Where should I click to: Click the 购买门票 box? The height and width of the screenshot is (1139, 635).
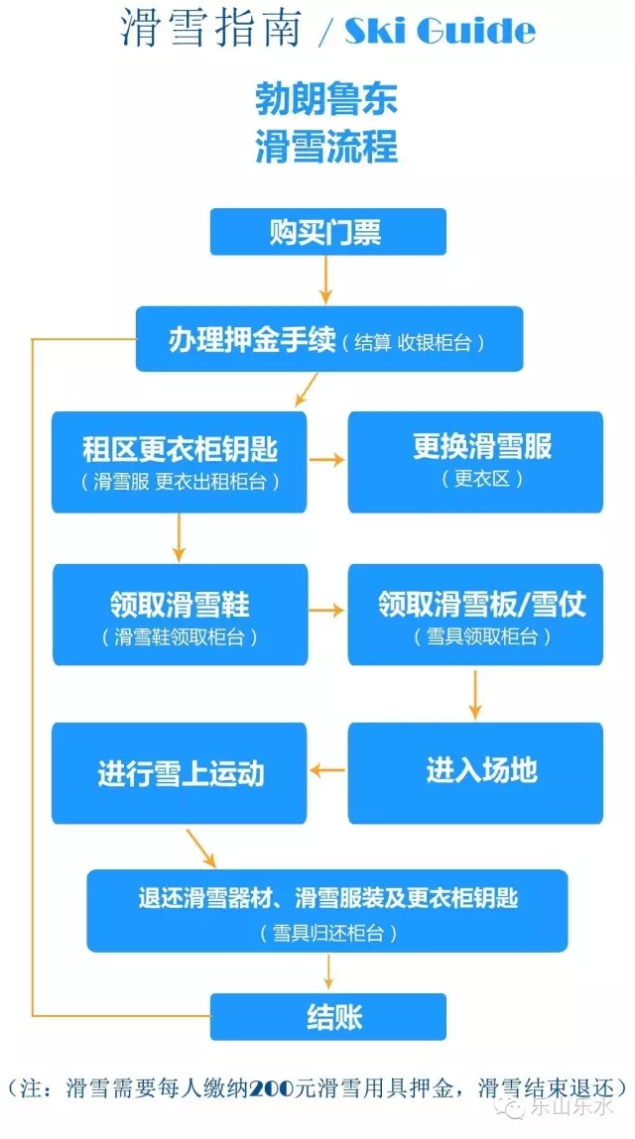tap(327, 232)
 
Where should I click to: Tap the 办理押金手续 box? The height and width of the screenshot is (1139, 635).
tap(329, 339)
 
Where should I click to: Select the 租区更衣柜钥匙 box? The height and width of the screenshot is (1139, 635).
tap(179, 462)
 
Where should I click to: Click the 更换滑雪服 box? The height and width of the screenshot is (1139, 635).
tap(474, 462)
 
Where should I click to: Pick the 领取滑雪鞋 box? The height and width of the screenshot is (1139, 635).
tap(179, 615)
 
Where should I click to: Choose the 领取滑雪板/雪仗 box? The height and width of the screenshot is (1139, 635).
tap(474, 615)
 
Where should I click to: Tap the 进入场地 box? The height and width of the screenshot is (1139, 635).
tap(474, 772)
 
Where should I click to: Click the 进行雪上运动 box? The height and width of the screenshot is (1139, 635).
tap(179, 772)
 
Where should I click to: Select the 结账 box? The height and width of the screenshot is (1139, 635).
tap(327, 1016)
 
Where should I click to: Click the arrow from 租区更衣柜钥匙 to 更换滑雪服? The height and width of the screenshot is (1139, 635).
tap(326, 459)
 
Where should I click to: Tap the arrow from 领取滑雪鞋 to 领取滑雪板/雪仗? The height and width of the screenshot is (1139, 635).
tap(326, 611)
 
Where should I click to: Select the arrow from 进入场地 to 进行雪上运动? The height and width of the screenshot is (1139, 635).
tap(327, 769)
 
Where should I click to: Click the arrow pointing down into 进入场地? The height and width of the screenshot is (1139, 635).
tap(475, 694)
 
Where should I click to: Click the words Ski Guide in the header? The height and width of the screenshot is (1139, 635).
tap(440, 32)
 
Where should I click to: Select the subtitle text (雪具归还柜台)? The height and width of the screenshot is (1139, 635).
tap(327, 932)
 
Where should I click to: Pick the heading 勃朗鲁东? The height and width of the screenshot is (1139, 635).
tap(326, 101)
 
